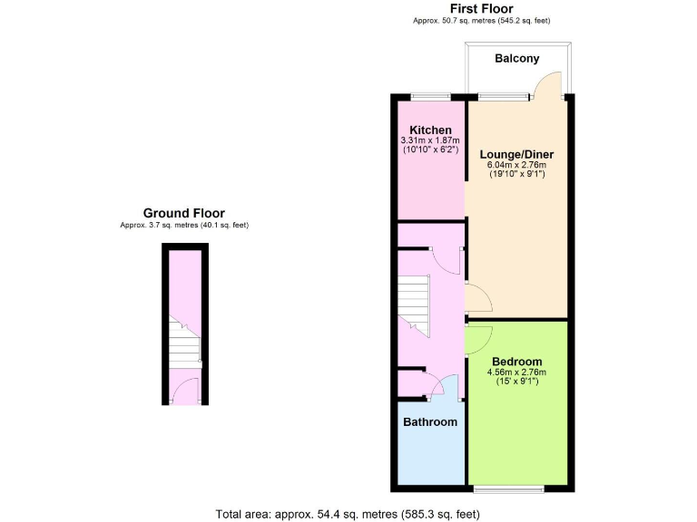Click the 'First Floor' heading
pyautogui.click(x=481, y=9)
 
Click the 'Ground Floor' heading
pyautogui.click(x=183, y=213)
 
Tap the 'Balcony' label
pyautogui.click(x=516, y=59)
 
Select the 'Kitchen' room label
pyautogui.click(x=430, y=130)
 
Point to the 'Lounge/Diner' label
pyautogui.click(x=516, y=154)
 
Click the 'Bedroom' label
pyautogui.click(x=516, y=361)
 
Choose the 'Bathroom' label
pyautogui.click(x=430, y=421)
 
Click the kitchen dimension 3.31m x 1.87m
pyautogui.click(x=430, y=140)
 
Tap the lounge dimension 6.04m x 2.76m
pyautogui.click(x=516, y=165)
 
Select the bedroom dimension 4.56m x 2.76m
pyautogui.click(x=516, y=372)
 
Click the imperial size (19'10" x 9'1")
pyautogui.click(x=516, y=175)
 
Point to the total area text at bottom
pyautogui.click(x=348, y=514)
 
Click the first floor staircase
pyautogui.click(x=414, y=304)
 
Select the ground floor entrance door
pyautogui.click(x=185, y=391)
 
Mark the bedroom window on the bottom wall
pyautogui.click(x=508, y=489)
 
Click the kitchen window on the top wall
pyautogui.click(x=430, y=95)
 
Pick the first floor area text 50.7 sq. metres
pyautogui.click(x=481, y=21)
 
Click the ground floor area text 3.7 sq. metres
pyautogui.click(x=183, y=225)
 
